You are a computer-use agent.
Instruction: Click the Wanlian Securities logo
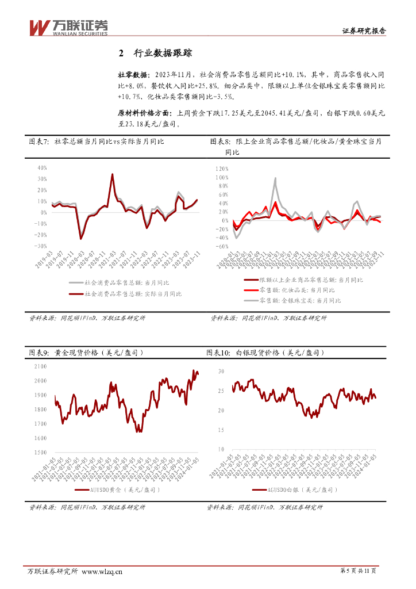[68, 28]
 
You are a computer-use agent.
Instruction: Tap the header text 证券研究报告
[364, 32]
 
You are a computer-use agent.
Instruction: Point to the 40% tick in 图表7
[42, 168]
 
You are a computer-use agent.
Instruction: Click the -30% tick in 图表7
[40, 246]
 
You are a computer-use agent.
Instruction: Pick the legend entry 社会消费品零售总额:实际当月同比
[133, 294]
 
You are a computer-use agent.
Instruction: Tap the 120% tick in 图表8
[222, 169]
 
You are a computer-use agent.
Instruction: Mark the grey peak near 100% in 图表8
[275, 178]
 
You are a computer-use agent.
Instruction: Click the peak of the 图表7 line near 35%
[112, 174]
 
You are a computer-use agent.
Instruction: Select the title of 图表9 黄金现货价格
[86, 352]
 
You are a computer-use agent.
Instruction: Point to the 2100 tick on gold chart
[40, 366]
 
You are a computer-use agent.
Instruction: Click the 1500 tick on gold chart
[40, 452]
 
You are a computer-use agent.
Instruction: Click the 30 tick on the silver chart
[221, 372]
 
